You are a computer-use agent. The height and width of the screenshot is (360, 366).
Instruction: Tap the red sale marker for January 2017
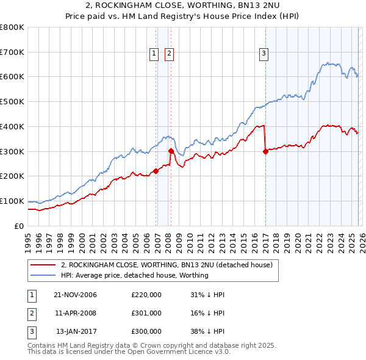click(265, 152)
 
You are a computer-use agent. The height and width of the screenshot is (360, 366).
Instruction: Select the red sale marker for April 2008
click(171, 151)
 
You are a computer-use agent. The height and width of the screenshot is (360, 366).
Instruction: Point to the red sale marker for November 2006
click(156, 171)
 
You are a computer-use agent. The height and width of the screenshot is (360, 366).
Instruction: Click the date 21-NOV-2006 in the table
click(75, 295)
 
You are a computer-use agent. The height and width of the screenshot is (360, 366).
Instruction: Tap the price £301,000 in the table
click(146, 313)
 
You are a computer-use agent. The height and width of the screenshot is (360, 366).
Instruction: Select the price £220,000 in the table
click(146, 295)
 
